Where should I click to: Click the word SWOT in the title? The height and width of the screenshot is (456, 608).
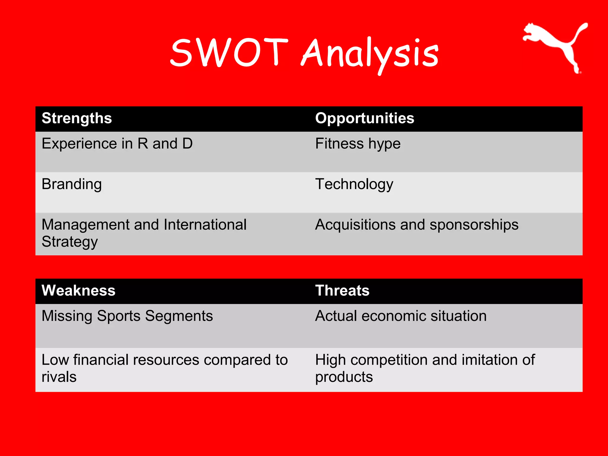[229, 53]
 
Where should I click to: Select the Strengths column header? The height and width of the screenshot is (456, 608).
[77, 118]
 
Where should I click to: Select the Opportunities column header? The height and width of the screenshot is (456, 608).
[365, 118]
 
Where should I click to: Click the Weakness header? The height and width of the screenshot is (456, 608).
[78, 291]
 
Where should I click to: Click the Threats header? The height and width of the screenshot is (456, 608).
[342, 291]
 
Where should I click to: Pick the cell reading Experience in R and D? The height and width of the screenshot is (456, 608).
[117, 144]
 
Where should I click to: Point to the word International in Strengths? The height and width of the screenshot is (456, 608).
[205, 225]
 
